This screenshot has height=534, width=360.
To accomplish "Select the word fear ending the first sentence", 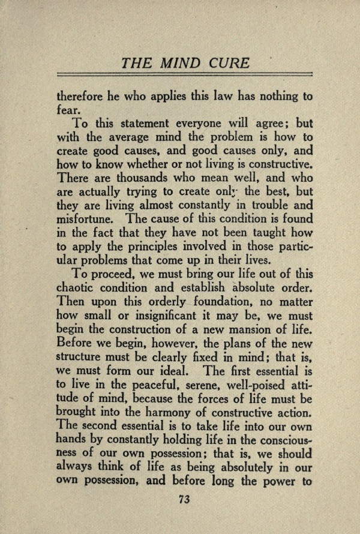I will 66,110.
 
